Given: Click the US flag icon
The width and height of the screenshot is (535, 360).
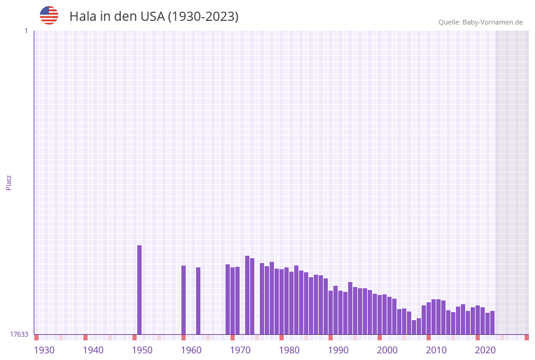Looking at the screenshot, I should tap(49, 15).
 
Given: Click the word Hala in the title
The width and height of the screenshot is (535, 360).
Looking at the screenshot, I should tap(82, 17).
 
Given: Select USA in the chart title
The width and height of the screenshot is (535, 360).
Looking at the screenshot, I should tap(152, 17).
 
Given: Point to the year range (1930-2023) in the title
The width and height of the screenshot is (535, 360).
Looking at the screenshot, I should tap(203, 17).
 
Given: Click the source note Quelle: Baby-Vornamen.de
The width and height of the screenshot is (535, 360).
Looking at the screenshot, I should tap(480, 22).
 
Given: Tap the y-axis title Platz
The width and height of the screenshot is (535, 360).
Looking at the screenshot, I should tap(9, 182).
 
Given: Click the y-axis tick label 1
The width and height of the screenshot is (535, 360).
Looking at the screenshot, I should tap(26, 31).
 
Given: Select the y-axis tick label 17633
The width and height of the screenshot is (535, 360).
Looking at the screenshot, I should tap(18, 334).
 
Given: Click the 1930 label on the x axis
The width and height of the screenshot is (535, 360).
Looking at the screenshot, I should tap(44, 350).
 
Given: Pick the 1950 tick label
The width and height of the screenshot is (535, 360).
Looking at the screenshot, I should tap(142, 350).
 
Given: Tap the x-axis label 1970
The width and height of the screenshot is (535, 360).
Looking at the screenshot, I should tap(240, 350).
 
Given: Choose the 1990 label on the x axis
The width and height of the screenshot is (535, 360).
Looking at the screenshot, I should tap(338, 350).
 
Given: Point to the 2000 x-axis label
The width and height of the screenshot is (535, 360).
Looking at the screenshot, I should tap(387, 350).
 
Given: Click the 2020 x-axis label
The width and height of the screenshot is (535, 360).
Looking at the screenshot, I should tap(485, 350).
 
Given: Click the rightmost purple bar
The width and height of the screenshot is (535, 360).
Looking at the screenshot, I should tap(492, 323).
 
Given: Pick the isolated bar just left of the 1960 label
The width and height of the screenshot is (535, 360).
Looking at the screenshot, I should tap(183, 300).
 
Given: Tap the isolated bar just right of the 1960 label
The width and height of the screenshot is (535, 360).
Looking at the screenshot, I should tap(198, 301).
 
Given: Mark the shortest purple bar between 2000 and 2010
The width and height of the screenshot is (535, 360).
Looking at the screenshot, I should tap(414, 327).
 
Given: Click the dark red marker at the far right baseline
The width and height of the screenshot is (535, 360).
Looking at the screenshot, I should tap(526, 337).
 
